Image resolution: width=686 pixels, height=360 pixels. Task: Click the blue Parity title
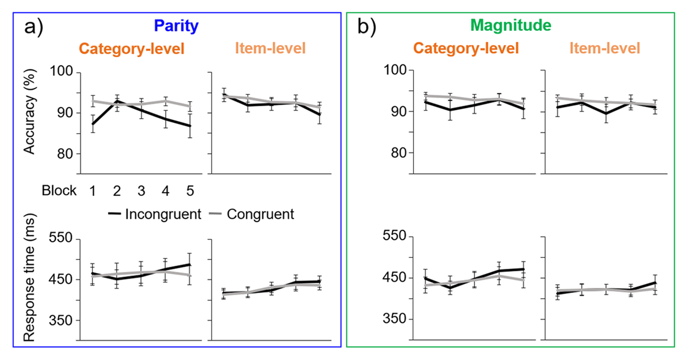[x=173, y=26]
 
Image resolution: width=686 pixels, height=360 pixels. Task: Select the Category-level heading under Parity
[x=131, y=49]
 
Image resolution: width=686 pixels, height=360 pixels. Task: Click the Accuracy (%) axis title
[x=30, y=117]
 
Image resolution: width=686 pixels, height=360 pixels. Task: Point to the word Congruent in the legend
[x=260, y=214]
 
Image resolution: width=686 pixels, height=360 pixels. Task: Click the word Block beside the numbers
[x=59, y=191]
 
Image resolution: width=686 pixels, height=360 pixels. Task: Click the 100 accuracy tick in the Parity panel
[x=63, y=72]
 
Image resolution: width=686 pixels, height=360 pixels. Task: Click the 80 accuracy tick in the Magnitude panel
[x=396, y=153]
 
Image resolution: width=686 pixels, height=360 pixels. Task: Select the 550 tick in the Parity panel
[x=63, y=238]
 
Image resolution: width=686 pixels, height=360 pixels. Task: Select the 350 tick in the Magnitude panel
[x=396, y=319]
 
